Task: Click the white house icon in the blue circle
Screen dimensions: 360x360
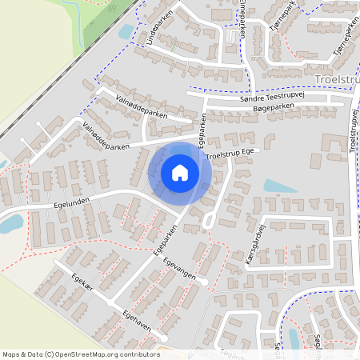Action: [x=179, y=172]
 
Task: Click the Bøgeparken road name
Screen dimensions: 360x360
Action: [x=274, y=107]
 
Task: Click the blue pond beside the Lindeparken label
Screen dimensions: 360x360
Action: [x=126, y=32]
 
